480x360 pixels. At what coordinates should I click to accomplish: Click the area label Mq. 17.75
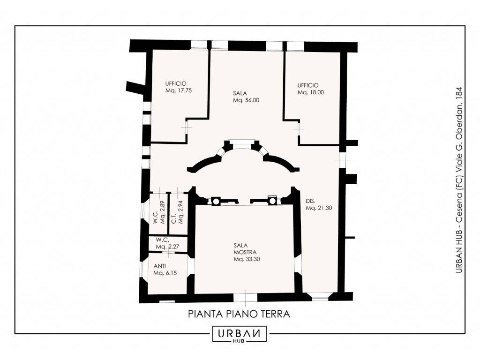[179, 90]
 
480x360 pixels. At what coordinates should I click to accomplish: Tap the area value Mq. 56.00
[246, 100]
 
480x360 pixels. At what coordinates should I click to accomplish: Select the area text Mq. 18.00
[311, 92]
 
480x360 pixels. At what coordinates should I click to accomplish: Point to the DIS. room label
[310, 201]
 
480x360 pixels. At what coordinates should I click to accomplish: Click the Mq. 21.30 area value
[319, 208]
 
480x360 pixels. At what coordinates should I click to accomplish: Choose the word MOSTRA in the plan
[245, 252]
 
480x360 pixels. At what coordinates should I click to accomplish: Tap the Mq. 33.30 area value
[247, 259]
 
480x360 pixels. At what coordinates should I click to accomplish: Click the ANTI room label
[160, 266]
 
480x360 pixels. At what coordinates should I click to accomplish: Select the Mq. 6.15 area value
[165, 273]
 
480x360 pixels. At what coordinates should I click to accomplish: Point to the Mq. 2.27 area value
[167, 247]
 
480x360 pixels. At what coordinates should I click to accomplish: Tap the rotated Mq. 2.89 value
[163, 212]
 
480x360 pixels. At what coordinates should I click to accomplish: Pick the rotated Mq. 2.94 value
[180, 212]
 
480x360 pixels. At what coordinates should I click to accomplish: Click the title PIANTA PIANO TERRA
[239, 314]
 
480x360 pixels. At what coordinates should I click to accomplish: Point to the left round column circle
[216, 201]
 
